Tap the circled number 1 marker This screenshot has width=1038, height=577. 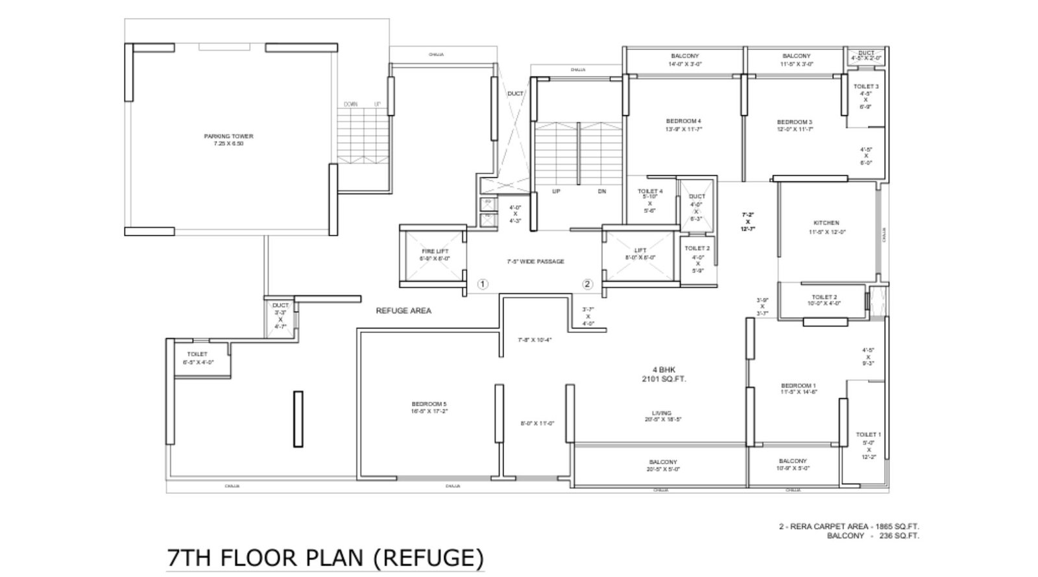[483, 284]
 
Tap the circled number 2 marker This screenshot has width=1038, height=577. [587, 284]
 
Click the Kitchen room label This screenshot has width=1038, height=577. [827, 223]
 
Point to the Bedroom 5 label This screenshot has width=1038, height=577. [429, 404]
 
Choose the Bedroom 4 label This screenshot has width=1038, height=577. [684, 121]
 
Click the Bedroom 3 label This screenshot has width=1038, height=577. [795, 122]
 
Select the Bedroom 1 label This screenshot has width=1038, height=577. [799, 386]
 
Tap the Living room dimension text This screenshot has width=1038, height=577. [662, 420]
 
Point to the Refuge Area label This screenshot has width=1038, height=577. [404, 311]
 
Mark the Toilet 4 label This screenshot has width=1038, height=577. [650, 191]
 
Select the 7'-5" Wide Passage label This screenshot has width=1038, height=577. [535, 262]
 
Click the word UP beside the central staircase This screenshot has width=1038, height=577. [556, 191]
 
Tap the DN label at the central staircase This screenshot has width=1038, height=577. [602, 191]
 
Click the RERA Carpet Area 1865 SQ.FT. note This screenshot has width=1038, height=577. [849, 527]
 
